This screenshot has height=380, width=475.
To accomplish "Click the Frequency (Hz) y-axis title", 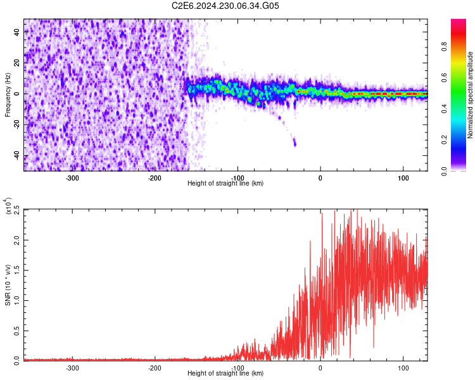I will (8, 94).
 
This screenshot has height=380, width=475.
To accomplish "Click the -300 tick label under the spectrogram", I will (72, 177).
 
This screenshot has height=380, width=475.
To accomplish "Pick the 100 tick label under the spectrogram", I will (403, 177).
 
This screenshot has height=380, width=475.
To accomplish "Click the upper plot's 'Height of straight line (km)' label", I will (225, 184).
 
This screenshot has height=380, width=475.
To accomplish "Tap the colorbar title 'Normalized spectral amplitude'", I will (470, 95).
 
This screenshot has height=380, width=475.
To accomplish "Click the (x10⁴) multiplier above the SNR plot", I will (8, 206).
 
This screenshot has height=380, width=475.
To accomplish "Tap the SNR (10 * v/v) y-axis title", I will (8, 284).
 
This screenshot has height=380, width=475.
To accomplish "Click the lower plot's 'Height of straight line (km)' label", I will (225, 374).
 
